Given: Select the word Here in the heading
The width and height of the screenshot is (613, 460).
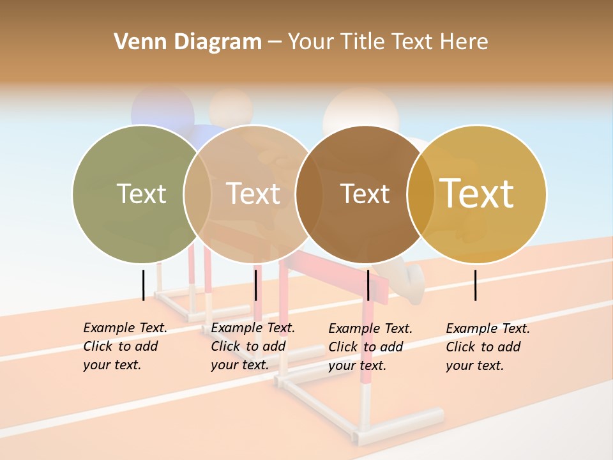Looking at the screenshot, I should point(463,42).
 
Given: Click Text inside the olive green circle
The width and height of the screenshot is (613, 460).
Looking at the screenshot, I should point(141,194).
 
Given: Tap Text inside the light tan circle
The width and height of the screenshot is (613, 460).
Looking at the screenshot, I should point(253,194).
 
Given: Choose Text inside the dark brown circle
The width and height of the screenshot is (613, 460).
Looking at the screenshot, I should point(365,194).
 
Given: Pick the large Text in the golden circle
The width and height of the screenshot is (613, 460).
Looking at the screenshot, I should point(477,194).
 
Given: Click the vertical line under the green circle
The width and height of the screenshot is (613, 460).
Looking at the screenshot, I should point(143,285).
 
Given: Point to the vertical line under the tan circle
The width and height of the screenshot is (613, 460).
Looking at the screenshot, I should point(255,285).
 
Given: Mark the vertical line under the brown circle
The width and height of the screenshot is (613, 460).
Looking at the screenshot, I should point(368,285).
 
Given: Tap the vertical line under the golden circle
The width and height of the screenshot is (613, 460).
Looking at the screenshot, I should point(475,285).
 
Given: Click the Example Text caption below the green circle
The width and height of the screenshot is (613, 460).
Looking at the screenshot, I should point(125,346).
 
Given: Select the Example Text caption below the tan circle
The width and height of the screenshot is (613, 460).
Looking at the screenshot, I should point(253,346).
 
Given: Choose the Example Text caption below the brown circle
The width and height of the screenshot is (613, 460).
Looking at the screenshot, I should point(370,347).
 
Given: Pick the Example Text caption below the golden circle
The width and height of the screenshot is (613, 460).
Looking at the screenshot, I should point(488,347).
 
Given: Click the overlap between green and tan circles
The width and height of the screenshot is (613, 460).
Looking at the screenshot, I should point(197,194).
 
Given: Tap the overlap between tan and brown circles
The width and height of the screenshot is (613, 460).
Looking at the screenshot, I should point(309,194).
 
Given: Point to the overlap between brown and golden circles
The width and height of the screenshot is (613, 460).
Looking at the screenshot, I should point(421,194).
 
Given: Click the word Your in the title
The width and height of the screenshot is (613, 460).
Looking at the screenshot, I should point(311,42).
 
